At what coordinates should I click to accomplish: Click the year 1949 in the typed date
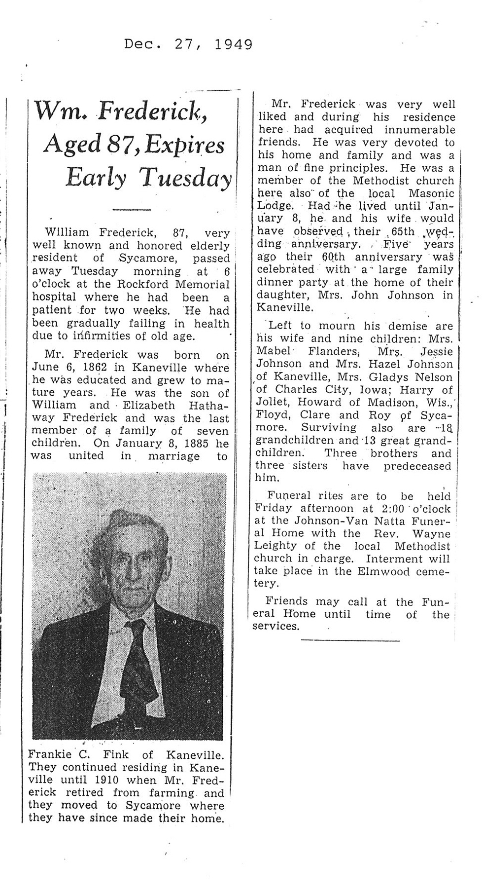coord(234,45)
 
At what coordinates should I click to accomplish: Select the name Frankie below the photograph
coord(47,754)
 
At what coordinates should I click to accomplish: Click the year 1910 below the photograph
coord(106,780)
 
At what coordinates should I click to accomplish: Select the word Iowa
coord(365,390)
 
